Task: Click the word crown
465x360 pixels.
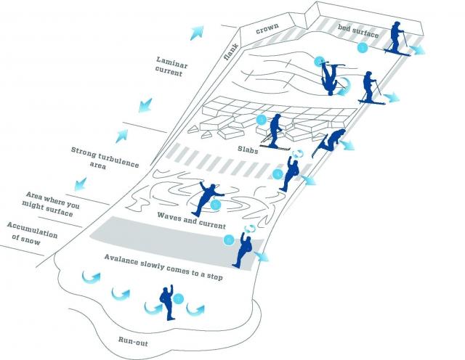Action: coord(268,31)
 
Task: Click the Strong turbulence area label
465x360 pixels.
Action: coord(105,157)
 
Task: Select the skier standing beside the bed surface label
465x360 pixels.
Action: coord(396,38)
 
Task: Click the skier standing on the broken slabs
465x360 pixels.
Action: coord(276,131)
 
